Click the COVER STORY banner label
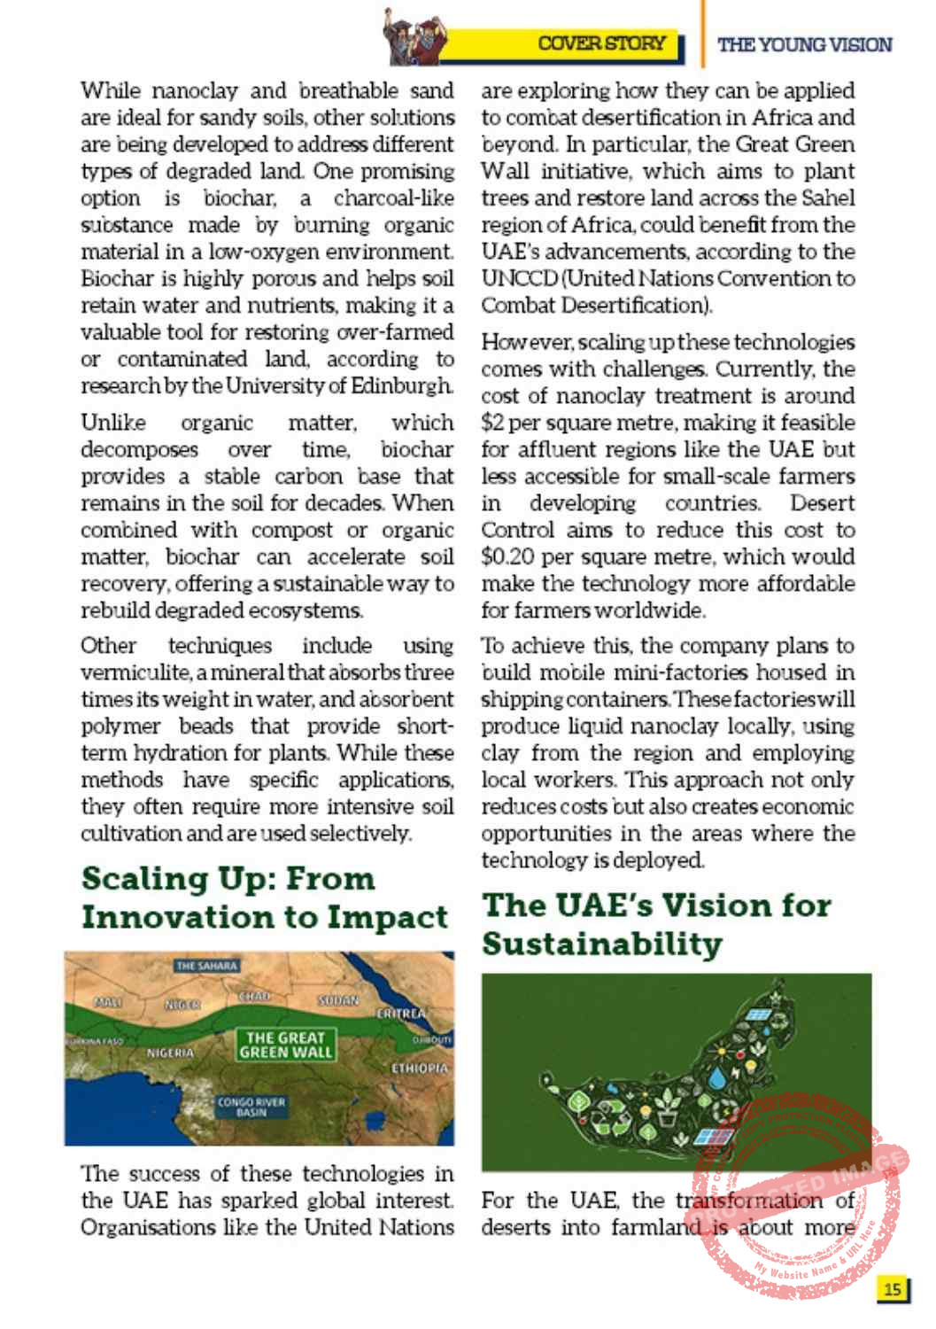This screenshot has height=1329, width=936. (x=601, y=43)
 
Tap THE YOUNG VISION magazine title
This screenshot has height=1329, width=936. (x=804, y=44)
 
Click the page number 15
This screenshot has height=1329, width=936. (x=893, y=1288)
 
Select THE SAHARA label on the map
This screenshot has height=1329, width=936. (x=206, y=966)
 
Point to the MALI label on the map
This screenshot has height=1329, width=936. (x=108, y=1001)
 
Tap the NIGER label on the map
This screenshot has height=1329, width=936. (x=182, y=1005)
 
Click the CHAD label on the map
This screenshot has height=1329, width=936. (x=254, y=997)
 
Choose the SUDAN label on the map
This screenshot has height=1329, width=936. (x=338, y=1000)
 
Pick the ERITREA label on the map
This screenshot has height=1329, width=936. (x=401, y=1013)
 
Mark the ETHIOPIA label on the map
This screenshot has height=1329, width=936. (x=420, y=1069)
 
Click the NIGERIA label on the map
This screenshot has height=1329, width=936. (x=170, y=1053)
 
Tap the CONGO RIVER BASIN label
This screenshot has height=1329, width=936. (x=251, y=1107)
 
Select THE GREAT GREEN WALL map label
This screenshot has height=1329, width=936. (x=285, y=1045)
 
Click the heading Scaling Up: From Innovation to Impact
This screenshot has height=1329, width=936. (x=264, y=898)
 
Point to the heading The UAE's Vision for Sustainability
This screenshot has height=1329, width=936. (x=656, y=924)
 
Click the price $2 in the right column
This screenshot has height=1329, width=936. (x=492, y=423)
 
